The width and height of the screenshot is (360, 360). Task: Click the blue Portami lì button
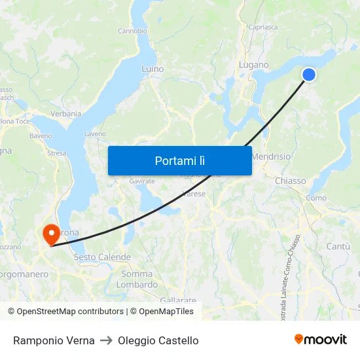pos(179,160)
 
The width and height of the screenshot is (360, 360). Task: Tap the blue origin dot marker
pos(308,75)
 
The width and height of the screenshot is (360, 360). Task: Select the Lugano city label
pos(254,65)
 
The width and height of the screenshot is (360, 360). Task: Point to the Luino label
pos(153,68)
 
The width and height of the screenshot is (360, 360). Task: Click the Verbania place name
pos(66,113)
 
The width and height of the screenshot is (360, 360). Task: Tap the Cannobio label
pos(132,31)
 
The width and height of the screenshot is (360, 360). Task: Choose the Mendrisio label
pos(271,157)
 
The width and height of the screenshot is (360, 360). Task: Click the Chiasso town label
pos(291,181)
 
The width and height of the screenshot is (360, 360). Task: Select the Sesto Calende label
pos(102,257)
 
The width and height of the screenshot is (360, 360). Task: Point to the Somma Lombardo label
pos(137,279)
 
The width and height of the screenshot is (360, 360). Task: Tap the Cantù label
pos(338,246)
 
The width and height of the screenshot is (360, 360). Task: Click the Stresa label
pos(57,153)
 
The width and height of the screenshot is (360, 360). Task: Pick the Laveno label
pos(95,134)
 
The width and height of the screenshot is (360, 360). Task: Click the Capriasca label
pos(263,27)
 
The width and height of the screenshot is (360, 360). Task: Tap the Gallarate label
pos(177,299)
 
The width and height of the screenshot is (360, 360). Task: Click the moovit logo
pos(321,339)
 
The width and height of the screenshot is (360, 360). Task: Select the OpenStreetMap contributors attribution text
pos(65,312)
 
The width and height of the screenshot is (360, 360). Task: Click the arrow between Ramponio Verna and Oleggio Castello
pos(106,340)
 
